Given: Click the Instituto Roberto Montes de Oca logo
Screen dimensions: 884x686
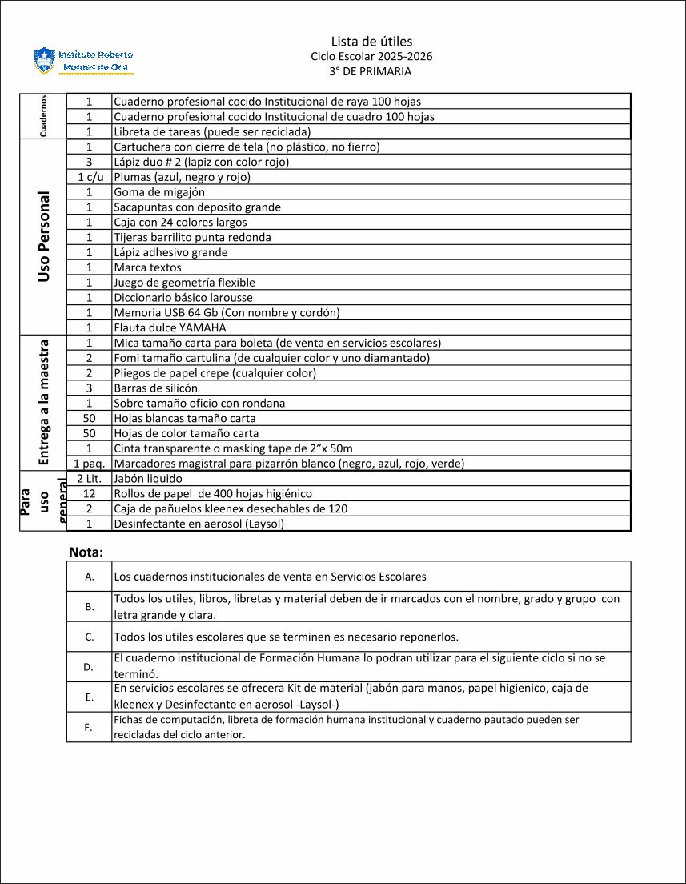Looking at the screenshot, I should [83, 61].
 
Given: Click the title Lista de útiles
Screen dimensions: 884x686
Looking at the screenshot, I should [371, 42].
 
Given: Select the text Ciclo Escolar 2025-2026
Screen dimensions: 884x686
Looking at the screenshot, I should [371, 57].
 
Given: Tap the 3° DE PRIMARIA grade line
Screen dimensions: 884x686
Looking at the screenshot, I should [371, 71].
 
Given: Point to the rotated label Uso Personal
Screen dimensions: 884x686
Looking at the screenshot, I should [43, 237].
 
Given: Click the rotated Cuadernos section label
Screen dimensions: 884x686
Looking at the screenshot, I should [42, 116].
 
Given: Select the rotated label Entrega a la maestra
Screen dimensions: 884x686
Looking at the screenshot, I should [44, 402].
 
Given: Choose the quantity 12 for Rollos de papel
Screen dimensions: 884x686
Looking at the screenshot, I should [90, 494].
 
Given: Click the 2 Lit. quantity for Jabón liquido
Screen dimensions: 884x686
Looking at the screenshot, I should [90, 479].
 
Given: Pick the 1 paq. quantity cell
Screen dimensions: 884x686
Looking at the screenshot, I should [90, 464].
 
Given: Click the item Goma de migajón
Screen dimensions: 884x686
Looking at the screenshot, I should [159, 192].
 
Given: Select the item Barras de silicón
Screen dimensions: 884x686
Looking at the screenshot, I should [155, 388].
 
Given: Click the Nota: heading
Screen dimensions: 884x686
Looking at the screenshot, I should [86, 552].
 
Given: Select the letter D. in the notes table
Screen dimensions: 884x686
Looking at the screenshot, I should [89, 667].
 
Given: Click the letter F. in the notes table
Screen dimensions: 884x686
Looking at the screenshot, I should [89, 727].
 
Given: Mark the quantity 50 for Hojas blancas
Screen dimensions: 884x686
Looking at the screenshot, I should [90, 419].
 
